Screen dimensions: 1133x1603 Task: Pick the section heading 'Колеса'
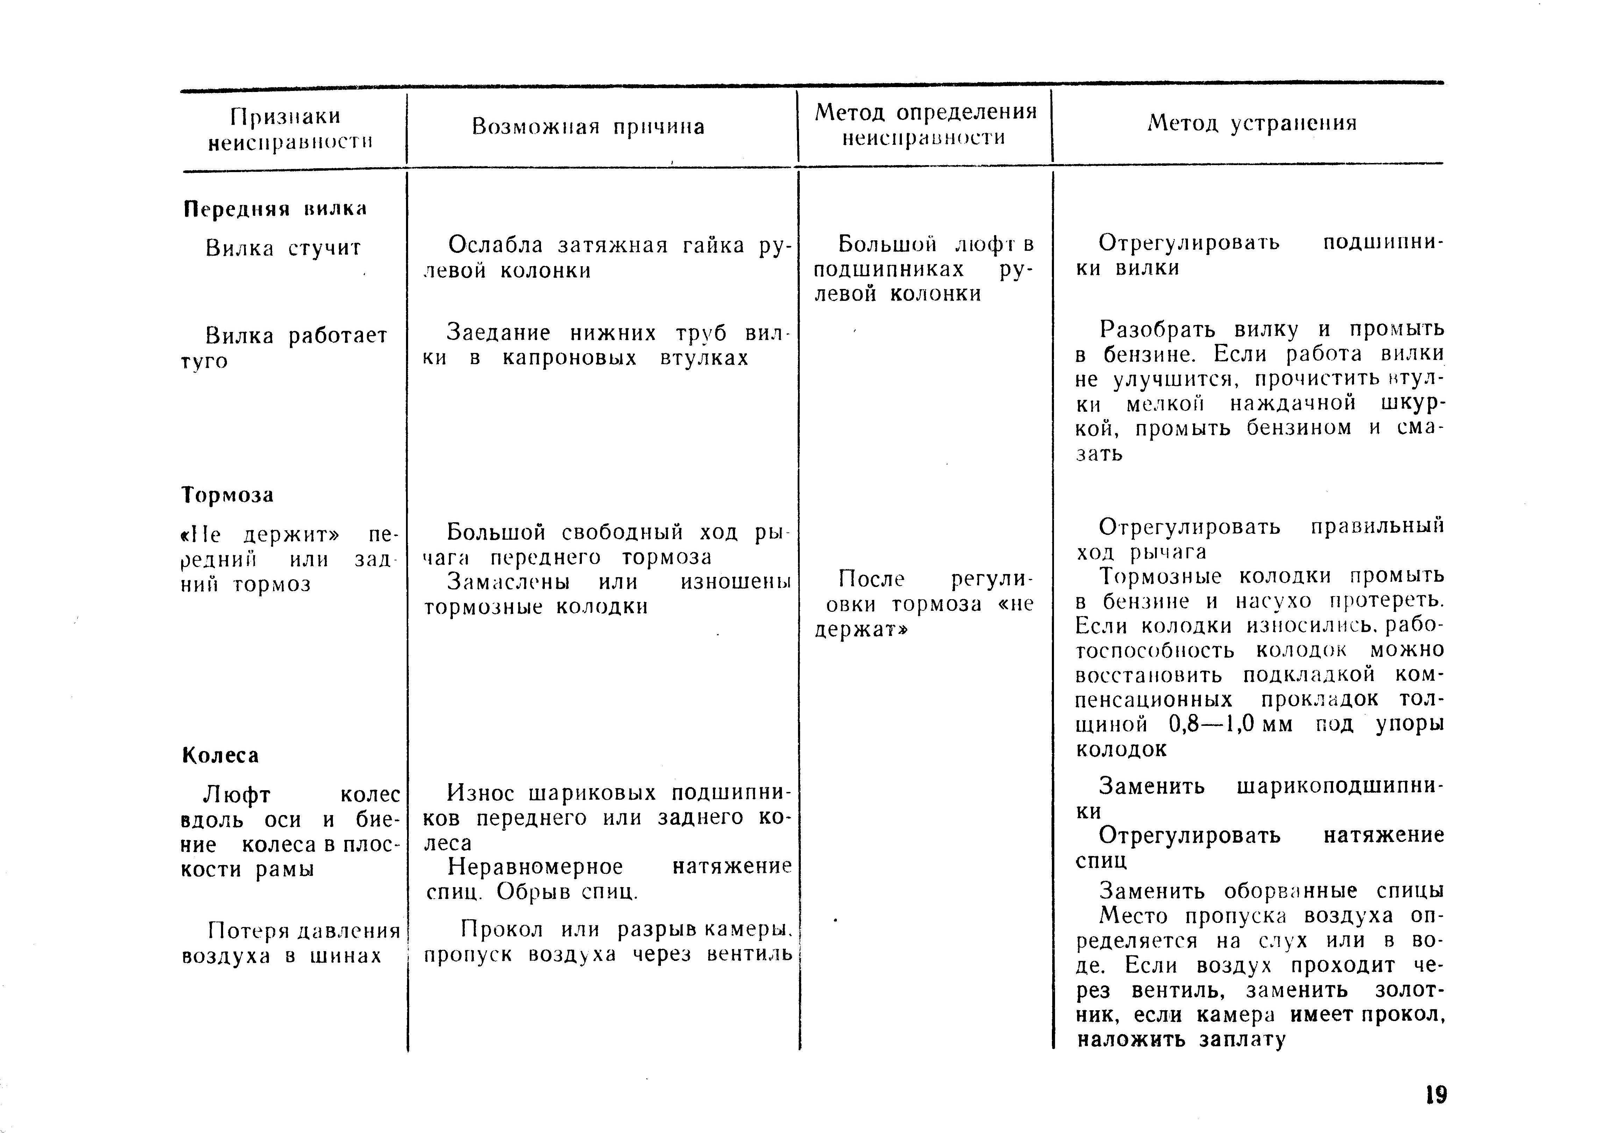pos(221,755)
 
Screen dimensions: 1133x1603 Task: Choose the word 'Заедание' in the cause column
pos(499,333)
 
